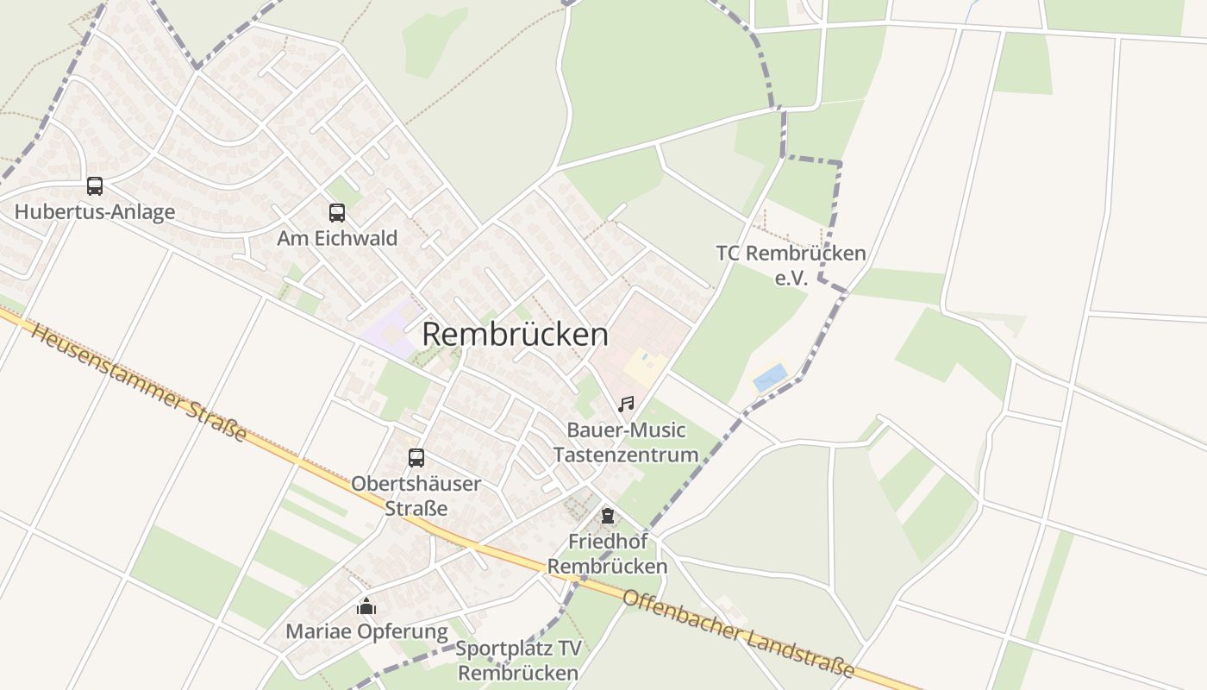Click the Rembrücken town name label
coord(515,335)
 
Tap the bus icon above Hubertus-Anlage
coord(95,186)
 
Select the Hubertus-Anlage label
coord(95,212)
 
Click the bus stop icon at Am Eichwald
coord(336,212)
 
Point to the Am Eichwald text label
coord(337,238)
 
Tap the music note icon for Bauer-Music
coord(626,404)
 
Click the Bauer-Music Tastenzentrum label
coord(626,442)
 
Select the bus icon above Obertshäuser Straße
coord(416,458)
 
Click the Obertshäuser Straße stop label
coord(416,496)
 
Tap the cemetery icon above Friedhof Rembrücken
coord(608,517)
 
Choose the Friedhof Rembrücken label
coord(607,554)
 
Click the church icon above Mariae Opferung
coord(366,607)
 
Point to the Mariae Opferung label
coord(366,632)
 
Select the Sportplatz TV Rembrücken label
coord(518,661)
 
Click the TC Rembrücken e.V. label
coord(791,264)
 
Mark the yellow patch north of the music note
coord(645,367)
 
